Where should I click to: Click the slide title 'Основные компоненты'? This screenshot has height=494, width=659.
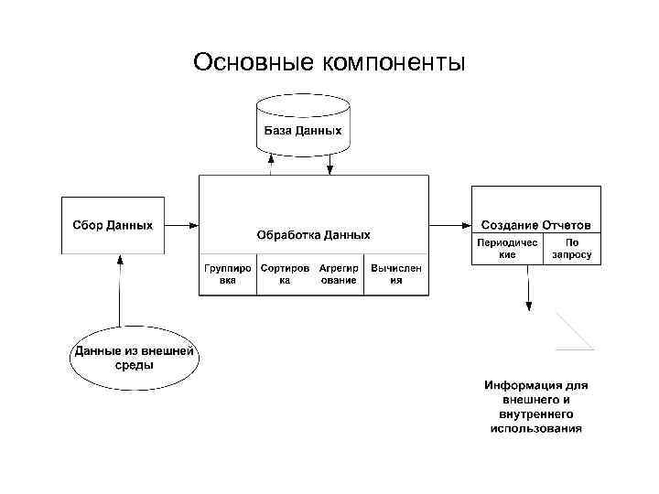point(329,62)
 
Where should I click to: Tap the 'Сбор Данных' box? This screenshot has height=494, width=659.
point(113,225)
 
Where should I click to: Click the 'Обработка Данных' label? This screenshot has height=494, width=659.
point(314,235)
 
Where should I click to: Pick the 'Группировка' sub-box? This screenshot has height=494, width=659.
point(227,274)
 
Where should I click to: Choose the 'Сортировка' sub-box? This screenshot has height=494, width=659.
point(284,274)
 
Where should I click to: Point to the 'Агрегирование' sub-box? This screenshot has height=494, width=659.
point(338,274)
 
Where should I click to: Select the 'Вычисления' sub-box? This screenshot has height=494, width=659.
point(396,274)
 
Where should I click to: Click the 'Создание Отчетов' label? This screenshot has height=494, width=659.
point(536,225)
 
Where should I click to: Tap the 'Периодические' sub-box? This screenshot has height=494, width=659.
point(507,249)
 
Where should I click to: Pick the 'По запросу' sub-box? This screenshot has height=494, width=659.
point(572,249)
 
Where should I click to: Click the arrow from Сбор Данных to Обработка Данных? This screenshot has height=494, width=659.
point(181,225)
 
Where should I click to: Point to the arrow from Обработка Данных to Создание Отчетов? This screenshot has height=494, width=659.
point(449,225)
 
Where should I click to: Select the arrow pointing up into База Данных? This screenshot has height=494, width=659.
point(271,163)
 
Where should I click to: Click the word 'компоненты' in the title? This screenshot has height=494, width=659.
point(394,62)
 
